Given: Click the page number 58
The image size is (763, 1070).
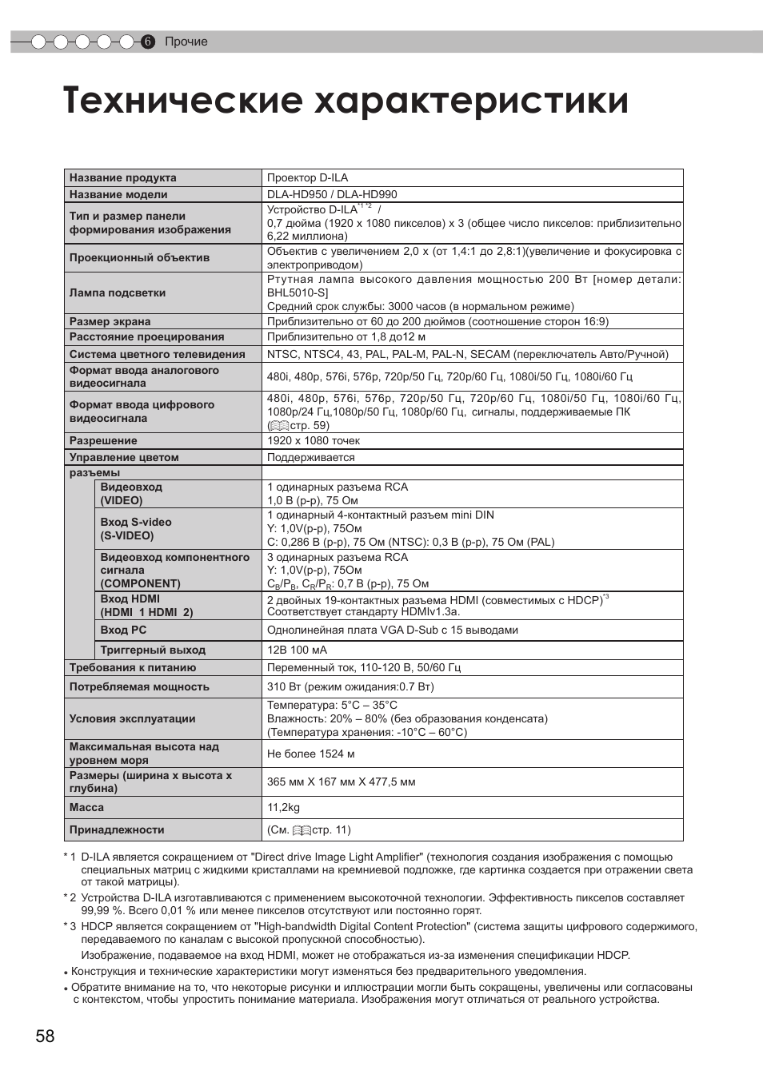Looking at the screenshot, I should pyautogui.click(x=45, y=1036).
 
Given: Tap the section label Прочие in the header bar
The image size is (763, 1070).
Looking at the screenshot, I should pyautogui.click(x=186, y=42).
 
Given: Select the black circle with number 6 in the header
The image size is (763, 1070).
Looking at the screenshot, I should pyautogui.click(x=147, y=42).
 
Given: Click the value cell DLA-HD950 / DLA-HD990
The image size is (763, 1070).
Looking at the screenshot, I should pyautogui.click(x=332, y=194).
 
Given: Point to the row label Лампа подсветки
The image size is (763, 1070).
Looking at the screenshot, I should pyautogui.click(x=118, y=293).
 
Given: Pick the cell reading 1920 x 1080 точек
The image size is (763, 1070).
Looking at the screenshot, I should pyautogui.click(x=314, y=440).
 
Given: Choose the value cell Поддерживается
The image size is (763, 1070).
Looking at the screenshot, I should pyautogui.click(x=310, y=457).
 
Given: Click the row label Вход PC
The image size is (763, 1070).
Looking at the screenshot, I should pyautogui.click(x=124, y=630).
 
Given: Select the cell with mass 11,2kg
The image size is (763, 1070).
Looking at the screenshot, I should pyautogui.click(x=283, y=807).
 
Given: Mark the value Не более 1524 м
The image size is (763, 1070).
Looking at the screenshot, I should pyautogui.click(x=310, y=754).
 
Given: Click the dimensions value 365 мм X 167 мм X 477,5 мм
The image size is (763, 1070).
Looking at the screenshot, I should pyautogui.click(x=342, y=782).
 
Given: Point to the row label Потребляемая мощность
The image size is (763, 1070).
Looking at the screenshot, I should pyautogui.click(x=139, y=686).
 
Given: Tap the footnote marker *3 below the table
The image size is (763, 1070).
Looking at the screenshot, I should pyautogui.click(x=70, y=926).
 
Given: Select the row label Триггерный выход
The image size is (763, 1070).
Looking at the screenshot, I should pyautogui.click(x=153, y=650).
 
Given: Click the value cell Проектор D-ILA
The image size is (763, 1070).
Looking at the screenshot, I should pyautogui.click(x=307, y=177).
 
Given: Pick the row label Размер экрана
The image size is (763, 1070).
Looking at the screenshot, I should pyautogui.click(x=110, y=321).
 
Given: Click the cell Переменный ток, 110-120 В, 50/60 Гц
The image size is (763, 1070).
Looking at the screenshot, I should pyautogui.click(x=364, y=667).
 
